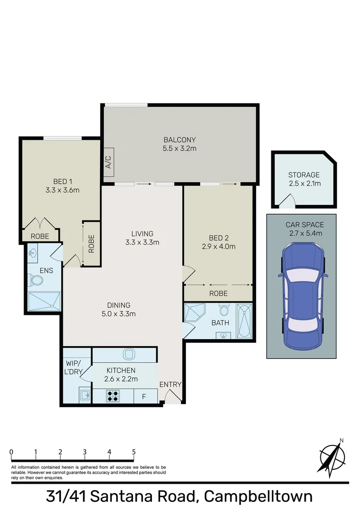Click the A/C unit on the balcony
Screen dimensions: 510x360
coord(108,165)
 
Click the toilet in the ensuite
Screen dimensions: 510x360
coord(36,280)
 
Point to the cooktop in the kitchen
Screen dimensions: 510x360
coord(113,396)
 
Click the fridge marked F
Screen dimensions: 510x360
coord(144,397)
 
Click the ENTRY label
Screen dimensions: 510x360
coord(170,384)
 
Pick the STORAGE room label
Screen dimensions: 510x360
coord(304,175)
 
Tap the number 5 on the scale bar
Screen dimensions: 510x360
coord(134,451)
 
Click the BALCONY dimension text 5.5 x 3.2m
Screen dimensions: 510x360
coord(179,148)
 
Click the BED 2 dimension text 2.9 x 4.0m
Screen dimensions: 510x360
coord(218,246)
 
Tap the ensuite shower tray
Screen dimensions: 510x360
coord(44,301)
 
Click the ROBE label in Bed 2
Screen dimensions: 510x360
coord(218,293)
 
